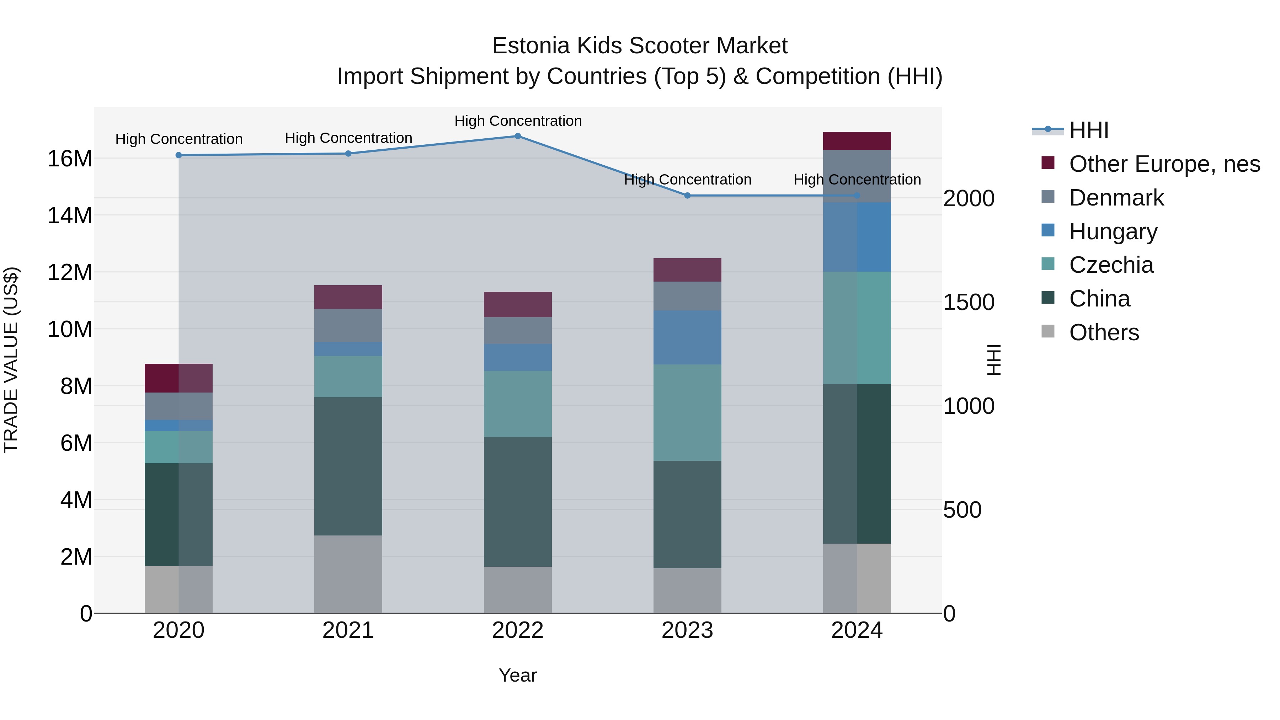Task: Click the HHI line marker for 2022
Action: (x=518, y=136)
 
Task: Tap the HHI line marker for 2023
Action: (x=687, y=196)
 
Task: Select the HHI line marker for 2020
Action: (x=179, y=155)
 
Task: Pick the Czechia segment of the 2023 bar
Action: (x=687, y=412)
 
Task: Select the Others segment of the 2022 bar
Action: (x=518, y=590)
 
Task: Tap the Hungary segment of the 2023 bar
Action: (x=687, y=337)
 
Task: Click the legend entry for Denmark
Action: (x=1116, y=198)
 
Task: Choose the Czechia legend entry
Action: (x=1111, y=265)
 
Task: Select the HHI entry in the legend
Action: (x=1088, y=130)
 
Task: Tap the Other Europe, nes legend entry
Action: (x=1164, y=164)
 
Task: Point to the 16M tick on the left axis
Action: (x=70, y=159)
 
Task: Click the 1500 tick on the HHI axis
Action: (x=969, y=303)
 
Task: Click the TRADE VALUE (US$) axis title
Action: (x=11, y=360)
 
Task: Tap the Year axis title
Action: (x=518, y=675)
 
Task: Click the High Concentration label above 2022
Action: (x=518, y=121)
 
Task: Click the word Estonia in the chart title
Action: (x=530, y=46)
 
